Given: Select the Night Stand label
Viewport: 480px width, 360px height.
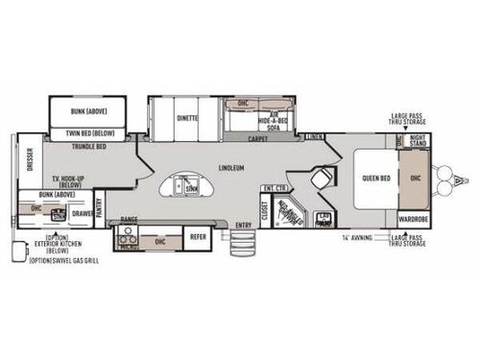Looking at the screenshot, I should [419, 140].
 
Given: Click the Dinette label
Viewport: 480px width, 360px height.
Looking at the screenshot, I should [187, 118].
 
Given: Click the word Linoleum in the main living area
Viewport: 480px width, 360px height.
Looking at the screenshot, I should [230, 166].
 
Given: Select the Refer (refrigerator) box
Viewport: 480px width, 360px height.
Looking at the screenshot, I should [197, 235].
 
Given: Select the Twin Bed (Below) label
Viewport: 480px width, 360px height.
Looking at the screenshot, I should [91, 132].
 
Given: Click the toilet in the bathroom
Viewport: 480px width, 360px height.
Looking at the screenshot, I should [326, 180].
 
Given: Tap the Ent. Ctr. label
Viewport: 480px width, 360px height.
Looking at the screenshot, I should [276, 187].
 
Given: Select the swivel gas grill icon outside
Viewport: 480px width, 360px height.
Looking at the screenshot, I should [14, 252].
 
